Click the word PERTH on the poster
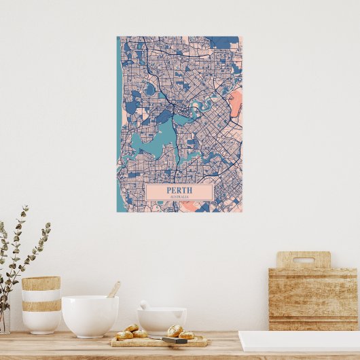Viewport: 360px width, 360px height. [x=179, y=190]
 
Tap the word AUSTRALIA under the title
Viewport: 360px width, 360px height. [x=179, y=197]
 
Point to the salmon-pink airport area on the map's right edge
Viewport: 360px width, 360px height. [x=236, y=105]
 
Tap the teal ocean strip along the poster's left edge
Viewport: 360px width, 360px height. [x=119, y=102]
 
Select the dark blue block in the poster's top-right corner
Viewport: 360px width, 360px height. [x=221, y=41]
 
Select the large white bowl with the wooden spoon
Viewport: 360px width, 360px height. [x=90, y=316]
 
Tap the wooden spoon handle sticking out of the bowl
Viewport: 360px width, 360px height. [x=113, y=290]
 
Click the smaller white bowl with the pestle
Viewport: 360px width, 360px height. [x=162, y=320]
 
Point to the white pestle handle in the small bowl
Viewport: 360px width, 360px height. [x=145, y=305]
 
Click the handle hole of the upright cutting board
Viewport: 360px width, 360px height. [x=303, y=259]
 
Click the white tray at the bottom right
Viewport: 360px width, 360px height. [x=299, y=341]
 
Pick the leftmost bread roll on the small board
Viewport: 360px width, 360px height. [x=124, y=334]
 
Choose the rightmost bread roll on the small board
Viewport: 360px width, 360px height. [x=186, y=334]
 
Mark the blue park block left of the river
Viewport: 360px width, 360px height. [x=164, y=117]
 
